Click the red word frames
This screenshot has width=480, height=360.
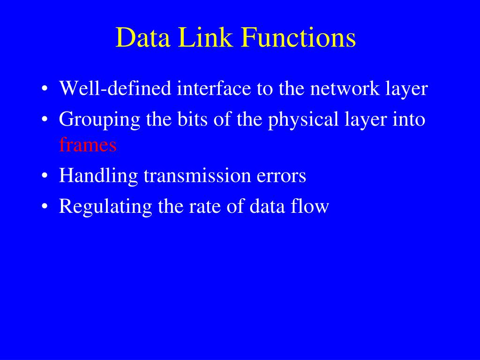click(x=88, y=145)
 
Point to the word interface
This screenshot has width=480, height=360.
click(x=214, y=89)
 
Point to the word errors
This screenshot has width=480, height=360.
click(x=282, y=177)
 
